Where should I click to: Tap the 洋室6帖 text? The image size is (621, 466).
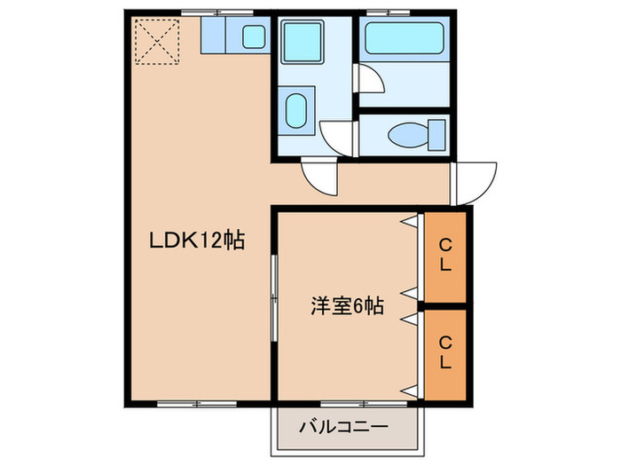coord(346,307)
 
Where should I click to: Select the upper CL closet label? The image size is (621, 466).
coord(445,256)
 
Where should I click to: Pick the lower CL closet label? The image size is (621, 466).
coord(445,353)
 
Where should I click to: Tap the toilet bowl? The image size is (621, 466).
coord(406,135)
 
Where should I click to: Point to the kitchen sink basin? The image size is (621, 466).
coord(255,37)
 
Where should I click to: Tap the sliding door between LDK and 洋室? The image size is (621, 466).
coord(275,297)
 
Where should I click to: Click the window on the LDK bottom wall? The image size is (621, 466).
coord(192,403)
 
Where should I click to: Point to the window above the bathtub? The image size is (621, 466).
coord(381,12)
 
